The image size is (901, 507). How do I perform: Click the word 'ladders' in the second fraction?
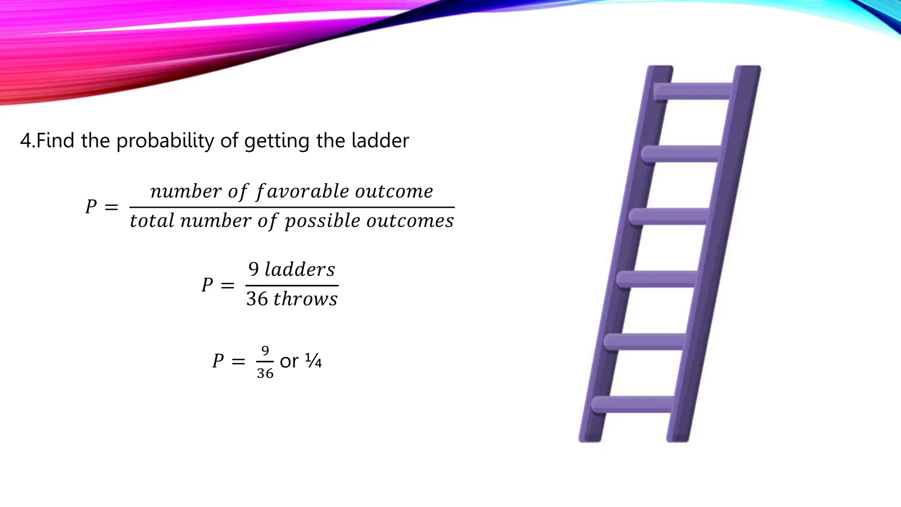300,269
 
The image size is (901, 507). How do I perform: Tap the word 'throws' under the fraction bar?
305,299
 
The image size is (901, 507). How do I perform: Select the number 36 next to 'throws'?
257,299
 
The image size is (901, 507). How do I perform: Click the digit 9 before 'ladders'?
254,269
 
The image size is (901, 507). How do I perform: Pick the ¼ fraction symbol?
313,361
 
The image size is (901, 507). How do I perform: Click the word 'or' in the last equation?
289,362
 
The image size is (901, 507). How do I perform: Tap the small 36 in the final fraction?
265,374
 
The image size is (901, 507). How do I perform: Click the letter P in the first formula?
91,206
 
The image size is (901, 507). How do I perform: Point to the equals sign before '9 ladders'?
227,286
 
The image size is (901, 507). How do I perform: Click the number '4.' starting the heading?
27,141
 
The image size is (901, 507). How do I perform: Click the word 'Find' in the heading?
55,141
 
